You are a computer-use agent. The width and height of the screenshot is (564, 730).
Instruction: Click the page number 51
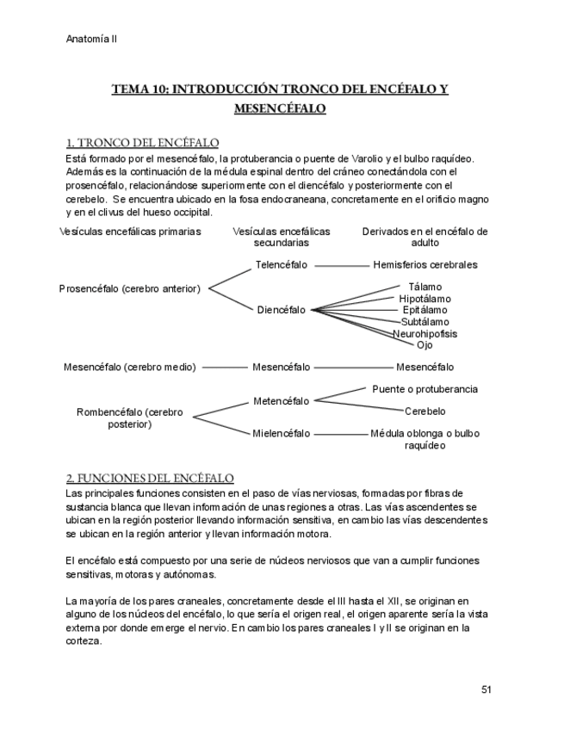486,690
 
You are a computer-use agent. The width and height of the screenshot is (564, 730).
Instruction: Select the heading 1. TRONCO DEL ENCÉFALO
142,142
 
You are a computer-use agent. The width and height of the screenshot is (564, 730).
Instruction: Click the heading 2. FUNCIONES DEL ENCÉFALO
150,478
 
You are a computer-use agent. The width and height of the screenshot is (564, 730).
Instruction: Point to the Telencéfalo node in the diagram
281,265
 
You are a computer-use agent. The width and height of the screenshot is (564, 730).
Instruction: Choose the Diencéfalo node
281,310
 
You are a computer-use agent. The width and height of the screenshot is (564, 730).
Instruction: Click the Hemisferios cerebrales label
425,265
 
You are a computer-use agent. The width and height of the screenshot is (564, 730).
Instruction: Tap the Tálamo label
425,287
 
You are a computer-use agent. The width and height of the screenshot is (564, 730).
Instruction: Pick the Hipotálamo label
425,299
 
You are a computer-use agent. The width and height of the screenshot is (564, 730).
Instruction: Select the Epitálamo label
425,310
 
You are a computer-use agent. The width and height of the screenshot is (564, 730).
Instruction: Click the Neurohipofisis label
425,333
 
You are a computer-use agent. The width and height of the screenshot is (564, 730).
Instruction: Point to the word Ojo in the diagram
425,344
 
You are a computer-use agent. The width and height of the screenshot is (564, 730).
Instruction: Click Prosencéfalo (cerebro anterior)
130,288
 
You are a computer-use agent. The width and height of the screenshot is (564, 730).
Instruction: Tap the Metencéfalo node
281,400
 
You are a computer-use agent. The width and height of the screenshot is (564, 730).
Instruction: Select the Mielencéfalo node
281,433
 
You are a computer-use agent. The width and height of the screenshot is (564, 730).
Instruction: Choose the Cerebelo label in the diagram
425,411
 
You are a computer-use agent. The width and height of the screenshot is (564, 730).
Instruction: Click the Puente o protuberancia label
425,389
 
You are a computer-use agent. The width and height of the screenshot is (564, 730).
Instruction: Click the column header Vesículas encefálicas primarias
130,232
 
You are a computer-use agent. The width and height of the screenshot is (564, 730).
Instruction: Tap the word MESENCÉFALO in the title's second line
281,109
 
